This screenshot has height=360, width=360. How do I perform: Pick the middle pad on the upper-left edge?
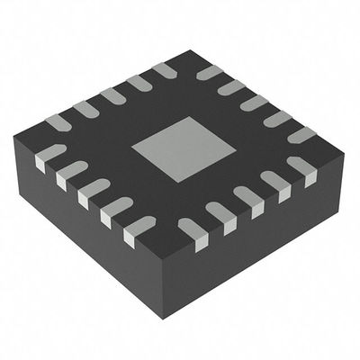tap(112, 94)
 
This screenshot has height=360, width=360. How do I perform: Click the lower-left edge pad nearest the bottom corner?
tap(141, 226)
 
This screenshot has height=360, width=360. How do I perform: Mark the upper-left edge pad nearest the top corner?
tap(166, 68)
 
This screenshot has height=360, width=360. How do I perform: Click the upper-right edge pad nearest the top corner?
tap(209, 72)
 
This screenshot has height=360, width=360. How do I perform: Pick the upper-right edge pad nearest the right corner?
tap(301, 135)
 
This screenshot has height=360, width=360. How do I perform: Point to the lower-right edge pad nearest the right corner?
tap(301, 167)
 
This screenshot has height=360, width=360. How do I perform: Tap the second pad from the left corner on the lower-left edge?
tap(72, 173)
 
